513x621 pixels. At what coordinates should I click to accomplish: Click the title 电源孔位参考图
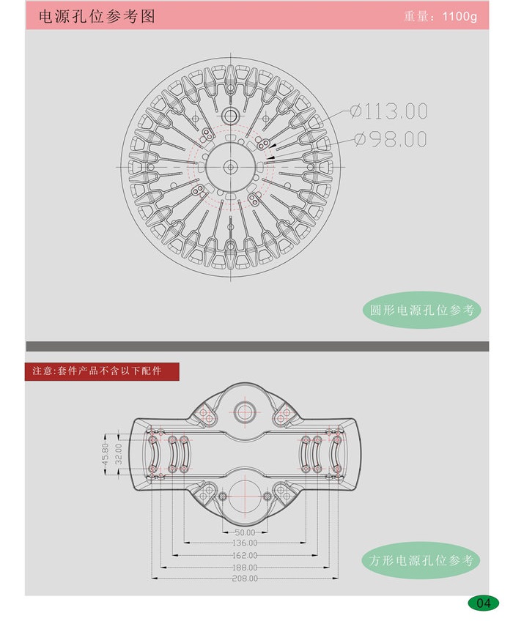pyautogui.click(x=97, y=17)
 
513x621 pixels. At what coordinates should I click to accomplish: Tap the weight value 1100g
pyautogui.click(x=460, y=17)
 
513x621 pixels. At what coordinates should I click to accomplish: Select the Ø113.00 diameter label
pyautogui.click(x=389, y=111)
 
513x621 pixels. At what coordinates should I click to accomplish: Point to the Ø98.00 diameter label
pyautogui.click(x=391, y=139)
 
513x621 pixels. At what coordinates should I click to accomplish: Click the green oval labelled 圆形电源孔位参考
pyautogui.click(x=421, y=310)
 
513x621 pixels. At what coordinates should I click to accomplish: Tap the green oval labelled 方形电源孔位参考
pyautogui.click(x=421, y=560)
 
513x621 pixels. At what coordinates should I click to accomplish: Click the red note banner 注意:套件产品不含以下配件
pyautogui.click(x=102, y=371)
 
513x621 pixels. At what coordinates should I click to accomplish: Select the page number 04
pyautogui.click(x=483, y=603)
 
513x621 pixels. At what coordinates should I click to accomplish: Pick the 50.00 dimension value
pyautogui.click(x=245, y=532)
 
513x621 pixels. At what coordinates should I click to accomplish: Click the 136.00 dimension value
pyautogui.click(x=245, y=543)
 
